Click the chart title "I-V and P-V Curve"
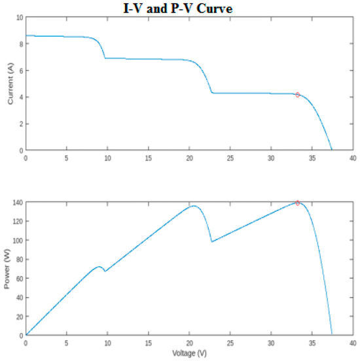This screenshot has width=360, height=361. [178, 9]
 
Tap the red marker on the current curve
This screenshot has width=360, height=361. [298, 95]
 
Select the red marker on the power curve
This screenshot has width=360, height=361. [298, 203]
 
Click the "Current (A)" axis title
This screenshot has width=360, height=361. [10, 82]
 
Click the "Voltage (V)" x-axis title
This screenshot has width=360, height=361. [190, 354]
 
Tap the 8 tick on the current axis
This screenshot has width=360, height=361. [20, 44]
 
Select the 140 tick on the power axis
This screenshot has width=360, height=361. [16, 203]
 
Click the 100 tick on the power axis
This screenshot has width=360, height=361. [16, 241]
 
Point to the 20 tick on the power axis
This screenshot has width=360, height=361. [18, 317]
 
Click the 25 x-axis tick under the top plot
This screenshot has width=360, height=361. [230, 158]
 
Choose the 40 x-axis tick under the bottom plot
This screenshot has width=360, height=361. [353, 343]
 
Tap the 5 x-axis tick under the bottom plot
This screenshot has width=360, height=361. [67, 343]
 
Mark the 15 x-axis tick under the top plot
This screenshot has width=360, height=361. [149, 158]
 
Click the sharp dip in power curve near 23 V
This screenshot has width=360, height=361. [211, 242]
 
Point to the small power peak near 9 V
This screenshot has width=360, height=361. [99, 266]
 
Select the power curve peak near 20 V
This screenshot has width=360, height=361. [194, 206]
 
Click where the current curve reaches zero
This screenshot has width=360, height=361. [332, 150]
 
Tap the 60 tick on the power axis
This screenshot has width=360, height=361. [18, 279]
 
